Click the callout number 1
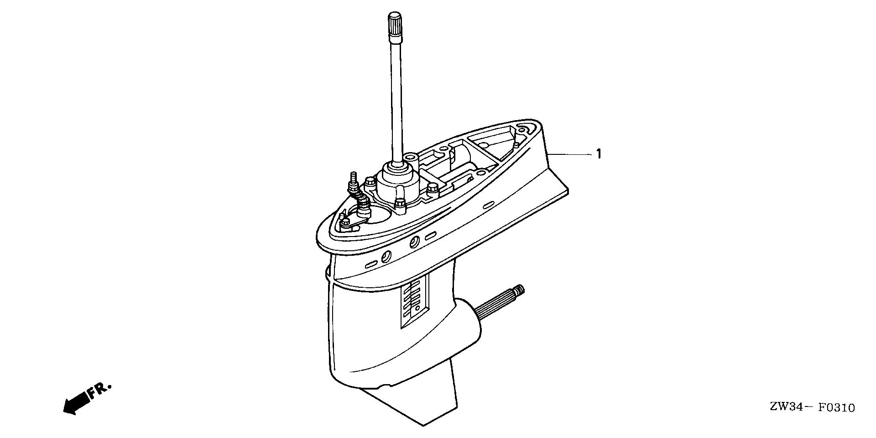tap(599, 154)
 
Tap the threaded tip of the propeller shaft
tap(520, 289)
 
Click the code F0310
tap(836, 407)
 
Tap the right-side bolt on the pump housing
tap(432, 188)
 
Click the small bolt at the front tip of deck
tap(345, 222)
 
